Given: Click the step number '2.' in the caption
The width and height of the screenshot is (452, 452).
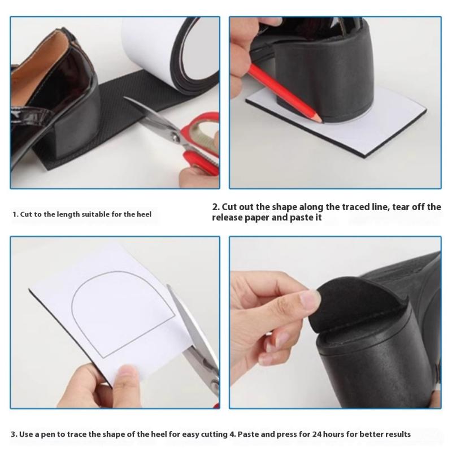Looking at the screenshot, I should point(216,207).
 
